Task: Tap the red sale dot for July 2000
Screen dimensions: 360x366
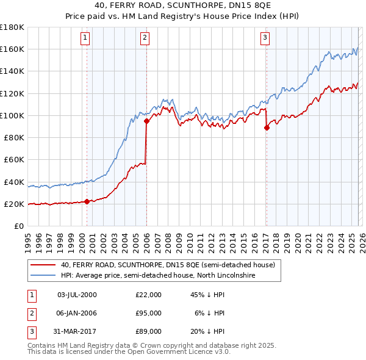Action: point(87,201)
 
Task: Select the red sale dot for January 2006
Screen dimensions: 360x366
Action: point(146,121)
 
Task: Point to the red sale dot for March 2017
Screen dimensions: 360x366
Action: point(267,128)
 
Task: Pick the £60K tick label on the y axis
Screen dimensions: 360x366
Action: point(13,159)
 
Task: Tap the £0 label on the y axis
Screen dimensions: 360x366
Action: point(18,226)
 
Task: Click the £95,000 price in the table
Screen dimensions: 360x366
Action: point(148,312)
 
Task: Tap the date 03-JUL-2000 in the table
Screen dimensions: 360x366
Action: point(76,295)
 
